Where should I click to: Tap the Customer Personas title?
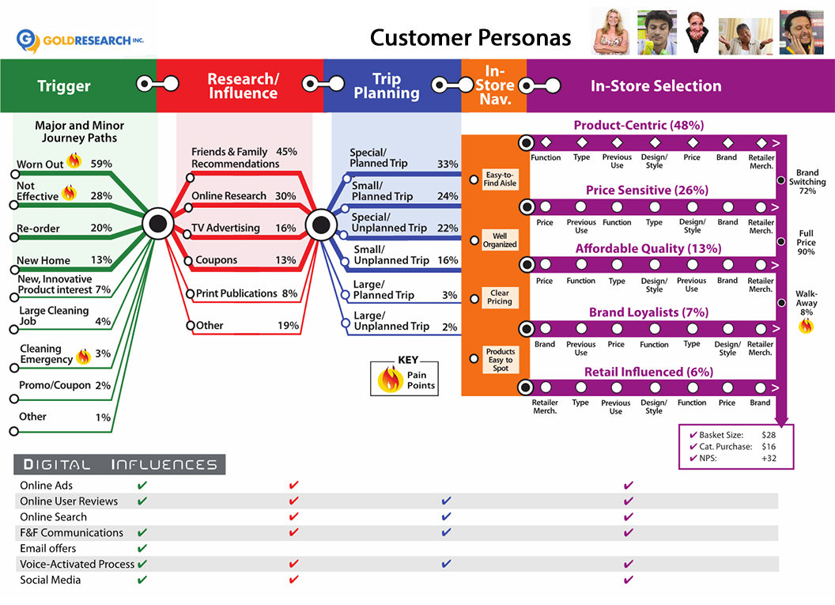[471, 37]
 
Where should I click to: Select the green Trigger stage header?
[64, 86]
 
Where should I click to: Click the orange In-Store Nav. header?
[494, 85]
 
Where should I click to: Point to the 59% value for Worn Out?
[101, 164]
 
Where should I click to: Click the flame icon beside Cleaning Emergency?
[82, 357]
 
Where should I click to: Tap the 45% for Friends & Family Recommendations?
[286, 152]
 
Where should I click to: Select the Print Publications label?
[236, 293]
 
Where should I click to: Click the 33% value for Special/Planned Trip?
[448, 164]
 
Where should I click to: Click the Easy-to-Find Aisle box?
[500, 179]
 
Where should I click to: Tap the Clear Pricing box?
[500, 297]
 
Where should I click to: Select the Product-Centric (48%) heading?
[638, 125]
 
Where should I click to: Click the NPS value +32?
[769, 458]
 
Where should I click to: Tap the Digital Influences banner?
[119, 464]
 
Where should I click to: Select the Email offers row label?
[48, 548]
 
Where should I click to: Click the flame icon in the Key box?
[390, 380]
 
